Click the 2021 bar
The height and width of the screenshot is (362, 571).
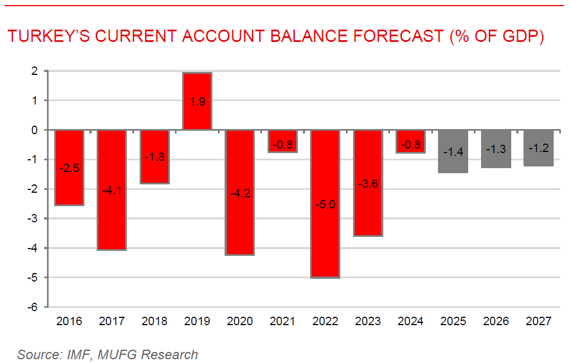coord(283,141)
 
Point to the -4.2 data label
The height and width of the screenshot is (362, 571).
coord(240,194)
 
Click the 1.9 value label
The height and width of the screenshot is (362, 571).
coord(197,103)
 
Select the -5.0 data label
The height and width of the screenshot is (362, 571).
coord(325,204)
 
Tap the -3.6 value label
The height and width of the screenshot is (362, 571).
coord(368,183)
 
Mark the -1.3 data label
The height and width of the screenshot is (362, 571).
coord(496,149)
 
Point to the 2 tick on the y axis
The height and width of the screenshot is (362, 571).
coord(34,72)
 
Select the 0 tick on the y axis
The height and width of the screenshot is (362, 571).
coord(34,130)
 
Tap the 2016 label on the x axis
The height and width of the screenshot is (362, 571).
coord(69,322)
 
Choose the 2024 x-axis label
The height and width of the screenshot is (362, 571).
coord(411,322)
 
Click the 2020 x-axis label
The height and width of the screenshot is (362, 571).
coord(240,322)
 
